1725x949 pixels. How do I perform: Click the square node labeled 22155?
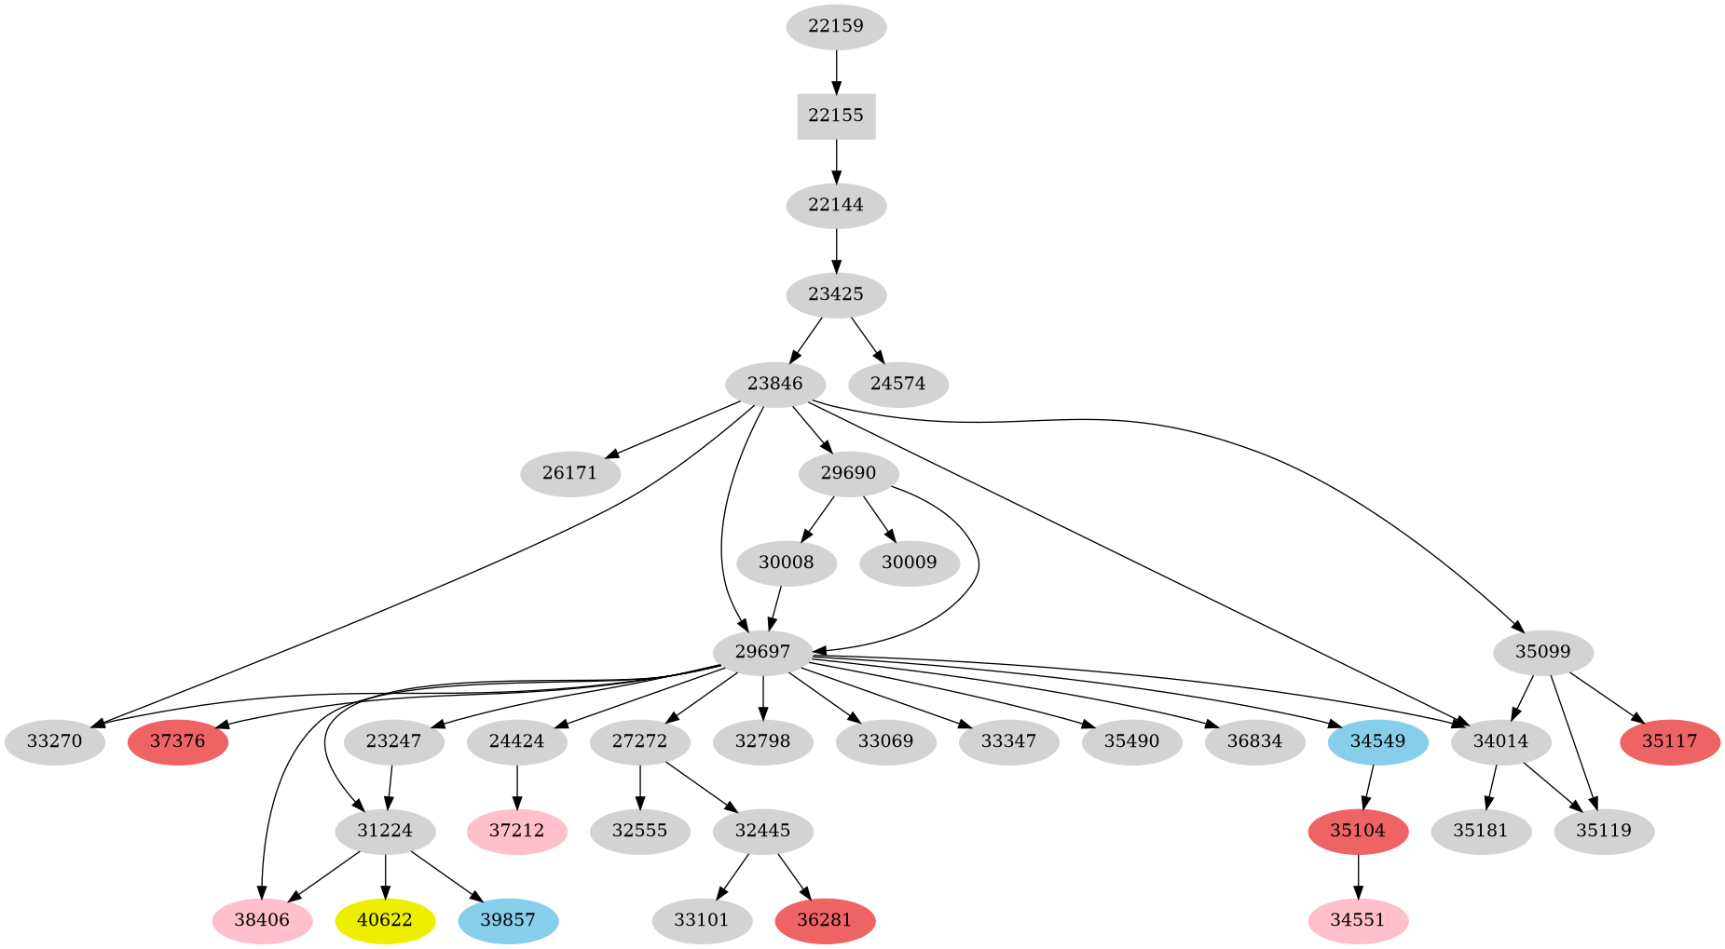click(x=836, y=116)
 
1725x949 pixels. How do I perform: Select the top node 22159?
click(x=836, y=27)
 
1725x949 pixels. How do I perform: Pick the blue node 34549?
click(x=1378, y=742)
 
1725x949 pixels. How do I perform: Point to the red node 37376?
click(x=178, y=742)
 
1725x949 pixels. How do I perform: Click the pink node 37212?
click(x=516, y=831)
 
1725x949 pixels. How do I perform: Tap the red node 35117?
click(x=1669, y=742)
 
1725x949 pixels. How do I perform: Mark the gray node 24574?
click(x=898, y=384)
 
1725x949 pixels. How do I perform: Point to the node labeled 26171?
click(x=569, y=473)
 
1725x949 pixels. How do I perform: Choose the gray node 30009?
click(x=910, y=563)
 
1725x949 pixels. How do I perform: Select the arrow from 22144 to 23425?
click(x=836, y=249)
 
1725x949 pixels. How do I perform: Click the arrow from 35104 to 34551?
click(x=1358, y=875)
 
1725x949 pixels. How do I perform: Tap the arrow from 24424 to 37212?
click(x=516, y=786)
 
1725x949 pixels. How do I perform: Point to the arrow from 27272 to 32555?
click(x=640, y=786)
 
